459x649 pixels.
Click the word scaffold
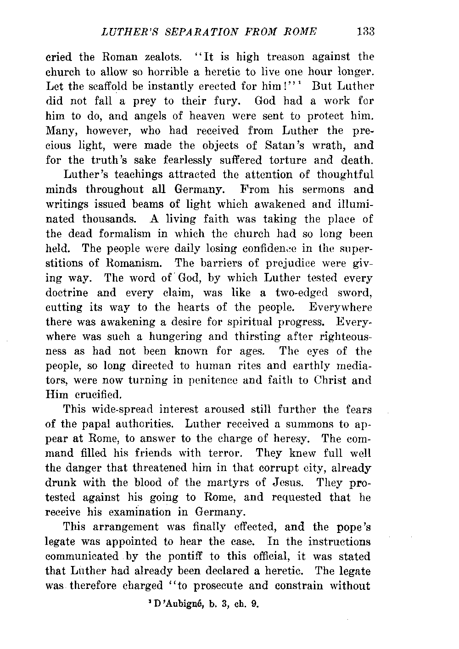click(102, 86)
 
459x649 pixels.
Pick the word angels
click(149, 116)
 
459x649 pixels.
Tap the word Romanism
click(135, 263)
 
